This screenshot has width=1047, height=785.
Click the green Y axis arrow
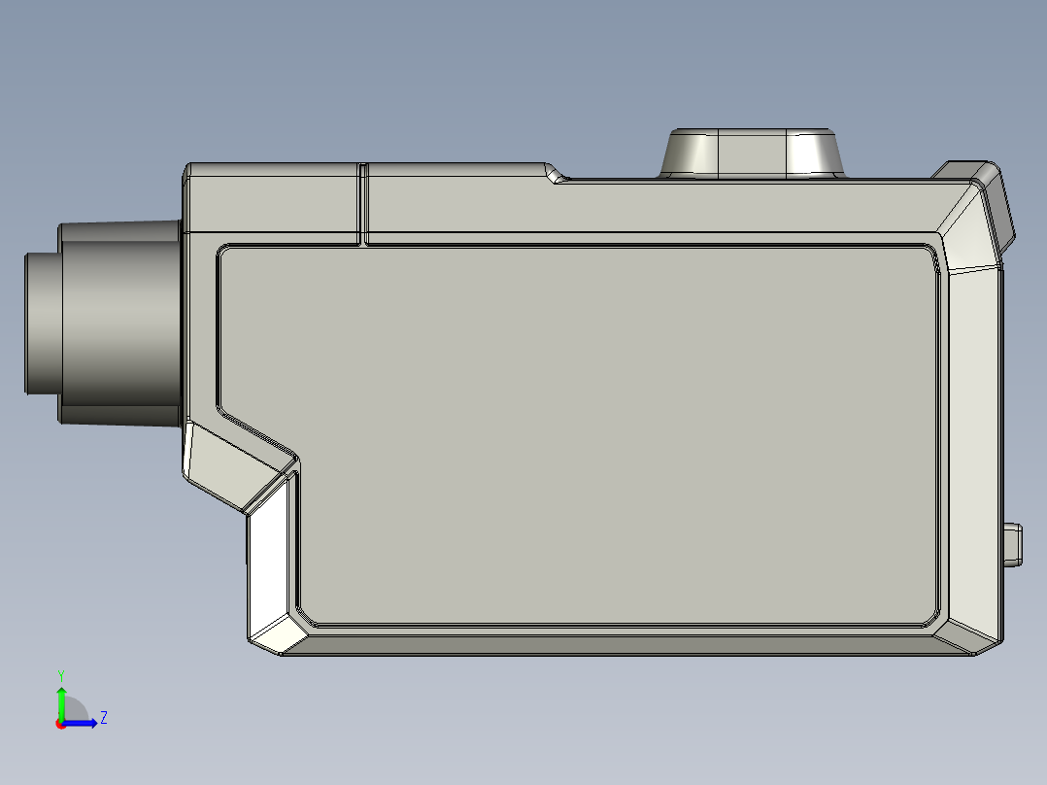coord(61,701)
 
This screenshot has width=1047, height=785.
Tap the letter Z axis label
coord(104,718)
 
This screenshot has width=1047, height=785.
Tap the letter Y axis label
coord(61,676)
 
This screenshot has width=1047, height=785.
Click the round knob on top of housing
coord(752,154)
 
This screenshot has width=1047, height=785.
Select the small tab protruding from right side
coord(1013,545)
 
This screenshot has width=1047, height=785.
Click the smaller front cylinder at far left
coord(43,324)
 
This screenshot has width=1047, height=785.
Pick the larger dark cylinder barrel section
coord(120,324)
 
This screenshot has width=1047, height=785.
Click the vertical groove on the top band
coord(362,204)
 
